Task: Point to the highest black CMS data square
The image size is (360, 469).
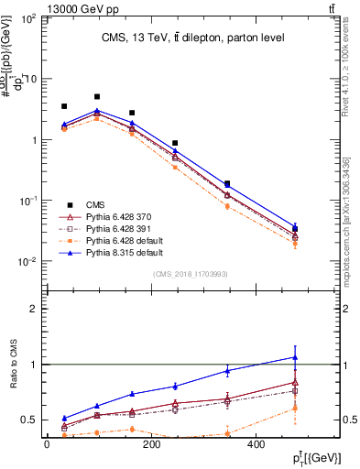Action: (97, 96)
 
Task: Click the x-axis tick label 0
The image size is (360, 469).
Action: (47, 443)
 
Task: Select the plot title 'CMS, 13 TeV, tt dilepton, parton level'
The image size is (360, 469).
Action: (180, 38)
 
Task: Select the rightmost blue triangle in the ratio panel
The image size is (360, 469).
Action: (295, 357)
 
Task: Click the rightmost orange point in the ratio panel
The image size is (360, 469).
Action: (295, 409)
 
